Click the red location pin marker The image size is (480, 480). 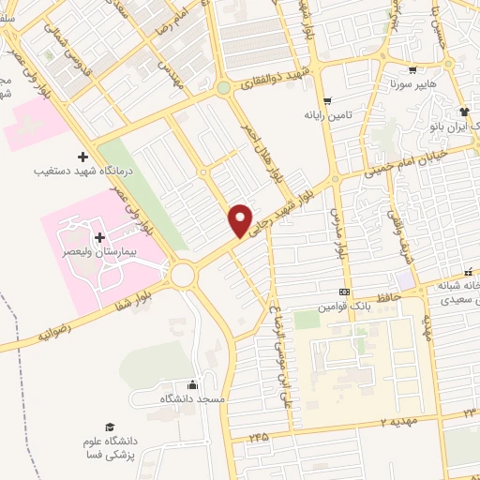pyautogui.click(x=241, y=219)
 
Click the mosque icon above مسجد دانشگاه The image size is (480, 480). pyautogui.click(x=193, y=384)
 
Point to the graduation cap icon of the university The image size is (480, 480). pyautogui.click(x=111, y=427)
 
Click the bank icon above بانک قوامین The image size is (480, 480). pyautogui.click(x=344, y=292)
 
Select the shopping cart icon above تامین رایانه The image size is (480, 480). pyautogui.click(x=326, y=101)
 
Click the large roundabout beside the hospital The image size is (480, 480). pyautogui.click(x=182, y=275)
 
